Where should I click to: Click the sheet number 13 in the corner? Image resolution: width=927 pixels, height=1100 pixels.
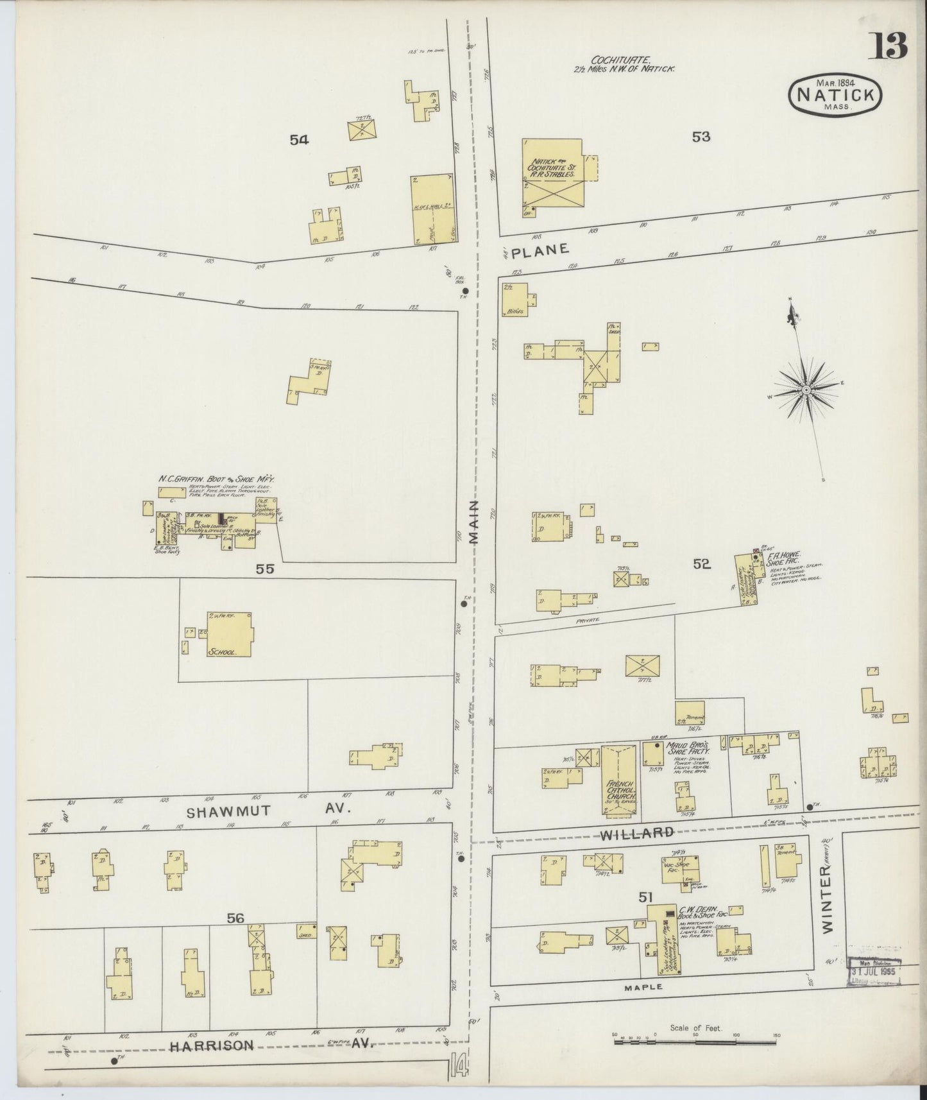(889, 46)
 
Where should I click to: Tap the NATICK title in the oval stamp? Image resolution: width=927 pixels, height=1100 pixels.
(835, 94)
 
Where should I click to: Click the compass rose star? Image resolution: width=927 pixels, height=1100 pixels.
(806, 390)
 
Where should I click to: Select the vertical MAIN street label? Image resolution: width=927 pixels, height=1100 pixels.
(475, 524)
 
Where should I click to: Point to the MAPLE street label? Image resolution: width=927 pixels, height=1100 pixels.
(643, 987)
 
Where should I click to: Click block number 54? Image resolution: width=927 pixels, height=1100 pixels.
(299, 139)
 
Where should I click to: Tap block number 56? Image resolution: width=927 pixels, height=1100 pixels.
(235, 918)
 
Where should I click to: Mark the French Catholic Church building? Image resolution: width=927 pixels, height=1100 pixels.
(620, 781)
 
